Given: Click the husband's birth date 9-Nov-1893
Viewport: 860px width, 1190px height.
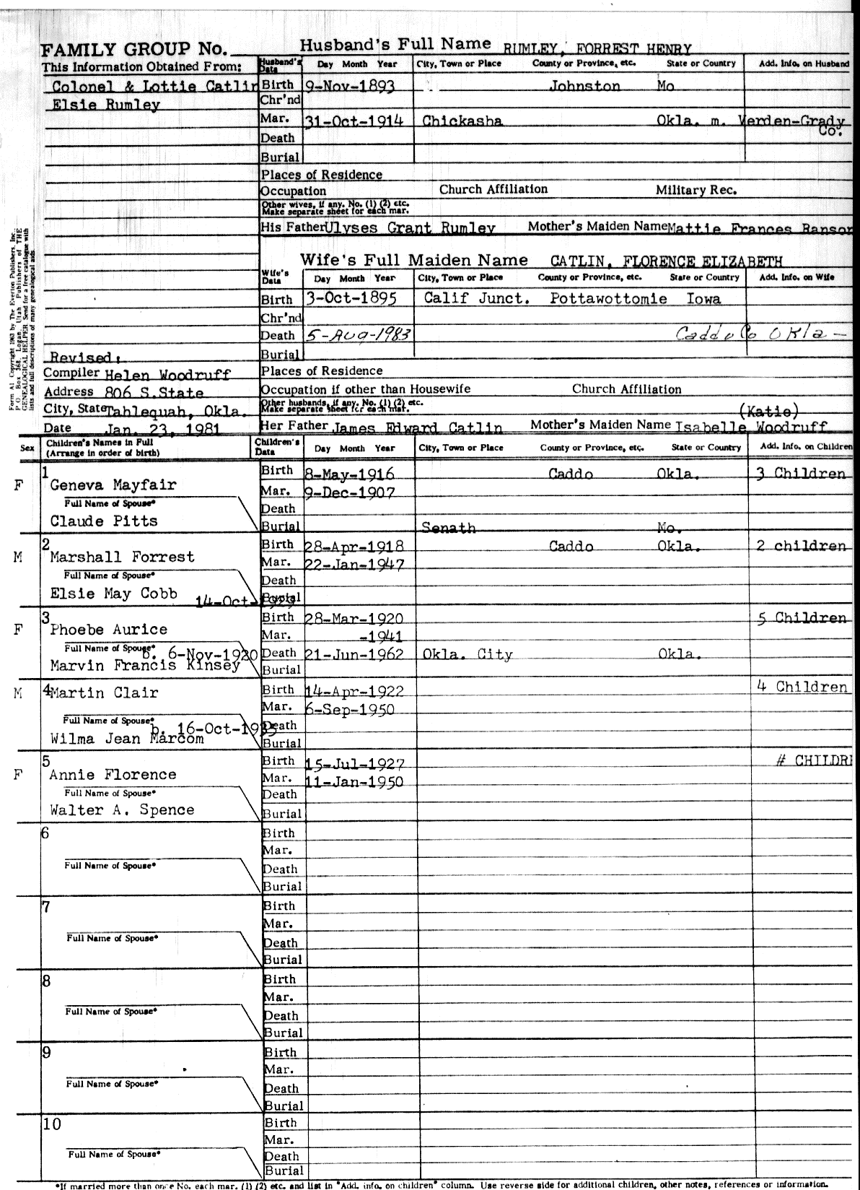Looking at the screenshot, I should pyautogui.click(x=350, y=85).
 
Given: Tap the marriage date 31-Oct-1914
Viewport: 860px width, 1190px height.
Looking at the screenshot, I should pyautogui.click(x=354, y=121).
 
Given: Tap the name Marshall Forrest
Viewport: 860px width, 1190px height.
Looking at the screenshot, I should pyautogui.click(x=122, y=557).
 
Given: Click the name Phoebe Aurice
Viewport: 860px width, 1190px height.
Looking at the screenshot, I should pyautogui.click(x=108, y=630).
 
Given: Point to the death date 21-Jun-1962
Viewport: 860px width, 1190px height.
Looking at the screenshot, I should pyautogui.click(x=354, y=654).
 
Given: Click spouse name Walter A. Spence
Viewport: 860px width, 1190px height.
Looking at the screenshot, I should pyautogui.click(x=122, y=810).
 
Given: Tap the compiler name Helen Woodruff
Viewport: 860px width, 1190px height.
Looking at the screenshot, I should pyautogui.click(x=168, y=375).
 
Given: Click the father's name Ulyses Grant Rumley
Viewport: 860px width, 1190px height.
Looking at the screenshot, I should pyautogui.click(x=410, y=228).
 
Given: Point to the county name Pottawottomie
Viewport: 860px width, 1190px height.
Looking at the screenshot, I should pyautogui.click(x=608, y=298).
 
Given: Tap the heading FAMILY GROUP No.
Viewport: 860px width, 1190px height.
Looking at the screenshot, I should pyautogui.click(x=134, y=50).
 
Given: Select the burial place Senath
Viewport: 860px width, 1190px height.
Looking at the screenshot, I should pyautogui.click(x=448, y=528).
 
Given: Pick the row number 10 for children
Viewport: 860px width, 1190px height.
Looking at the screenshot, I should pyautogui.click(x=52, y=1124).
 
